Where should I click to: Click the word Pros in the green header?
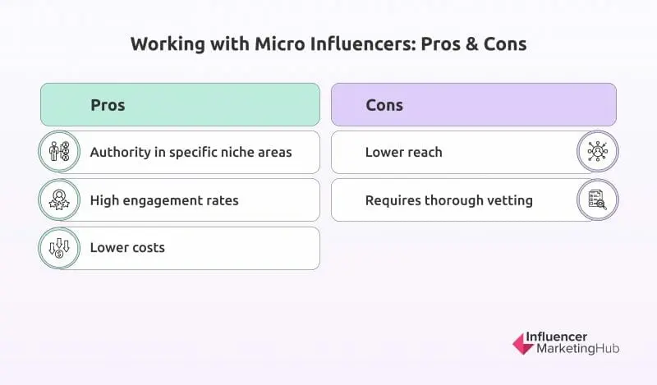click(x=108, y=105)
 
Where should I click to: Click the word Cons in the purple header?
click(x=384, y=105)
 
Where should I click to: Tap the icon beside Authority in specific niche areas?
click(x=60, y=152)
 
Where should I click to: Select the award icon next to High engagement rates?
click(x=60, y=199)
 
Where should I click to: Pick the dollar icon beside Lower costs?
click(x=60, y=248)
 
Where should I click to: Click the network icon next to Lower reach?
click(x=597, y=152)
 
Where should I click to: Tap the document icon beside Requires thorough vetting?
click(x=597, y=199)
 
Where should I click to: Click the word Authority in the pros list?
click(x=120, y=152)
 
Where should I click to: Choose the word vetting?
click(x=509, y=199)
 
